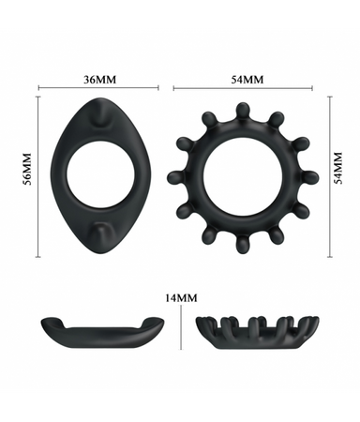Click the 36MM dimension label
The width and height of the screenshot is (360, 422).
99,80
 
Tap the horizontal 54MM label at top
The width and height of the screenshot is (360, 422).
247,80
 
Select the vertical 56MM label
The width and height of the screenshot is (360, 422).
28,169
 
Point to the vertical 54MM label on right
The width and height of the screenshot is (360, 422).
338,168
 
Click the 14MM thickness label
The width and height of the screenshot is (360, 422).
181,298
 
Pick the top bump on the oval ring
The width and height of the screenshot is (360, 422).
100,113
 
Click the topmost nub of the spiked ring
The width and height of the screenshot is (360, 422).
242,111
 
